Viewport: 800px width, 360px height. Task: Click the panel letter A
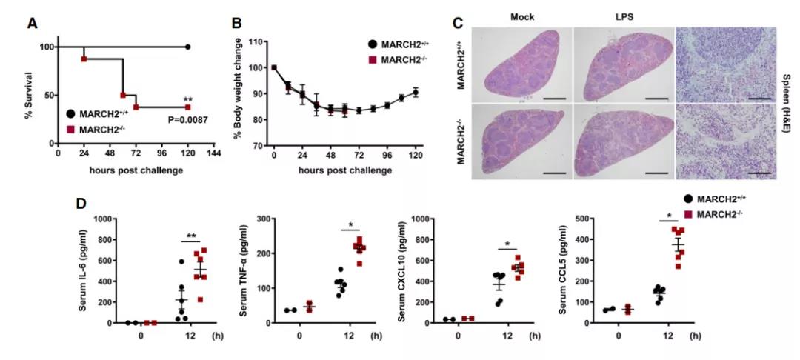[x=33, y=23]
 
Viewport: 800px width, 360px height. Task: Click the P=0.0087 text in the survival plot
[x=167, y=119]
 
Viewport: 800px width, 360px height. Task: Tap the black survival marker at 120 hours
[x=187, y=47]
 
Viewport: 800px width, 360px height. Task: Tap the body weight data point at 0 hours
[x=274, y=67]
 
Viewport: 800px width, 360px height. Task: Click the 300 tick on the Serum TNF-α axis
[x=261, y=219]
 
